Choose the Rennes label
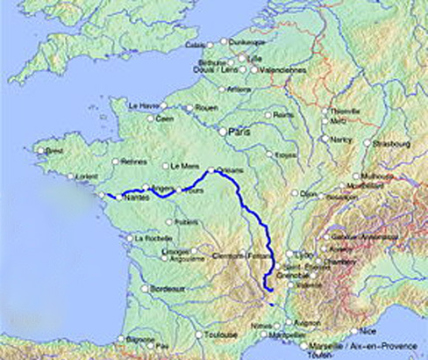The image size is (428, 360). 135,162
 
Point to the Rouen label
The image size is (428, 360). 205,108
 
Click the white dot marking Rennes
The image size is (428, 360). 117,162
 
